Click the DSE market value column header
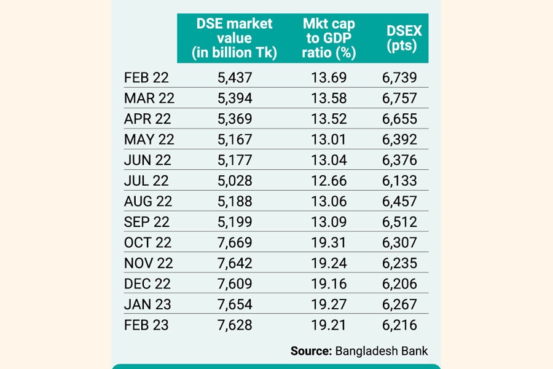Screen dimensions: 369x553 pyautogui.click(x=234, y=38)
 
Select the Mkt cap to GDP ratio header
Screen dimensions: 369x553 pyautogui.click(x=329, y=38)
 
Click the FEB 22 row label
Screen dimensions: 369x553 pyautogui.click(x=146, y=77)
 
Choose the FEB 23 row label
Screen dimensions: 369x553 pyautogui.click(x=146, y=325)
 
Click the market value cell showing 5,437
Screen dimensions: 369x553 pyautogui.click(x=234, y=77)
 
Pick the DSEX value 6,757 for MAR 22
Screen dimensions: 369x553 pyautogui.click(x=399, y=98)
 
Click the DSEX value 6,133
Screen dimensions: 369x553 pyautogui.click(x=399, y=181)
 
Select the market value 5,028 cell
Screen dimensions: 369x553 pyautogui.click(x=234, y=181)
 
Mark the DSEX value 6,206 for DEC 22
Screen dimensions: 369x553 pyautogui.click(x=399, y=284)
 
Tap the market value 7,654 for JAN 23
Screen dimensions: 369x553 pyautogui.click(x=234, y=304)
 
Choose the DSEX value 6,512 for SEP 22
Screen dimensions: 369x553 pyautogui.click(x=399, y=222)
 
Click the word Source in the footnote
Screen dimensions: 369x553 pyautogui.click(x=311, y=351)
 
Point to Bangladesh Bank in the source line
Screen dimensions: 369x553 pyautogui.click(x=382, y=351)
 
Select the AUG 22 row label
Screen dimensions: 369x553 pyautogui.click(x=148, y=201)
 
